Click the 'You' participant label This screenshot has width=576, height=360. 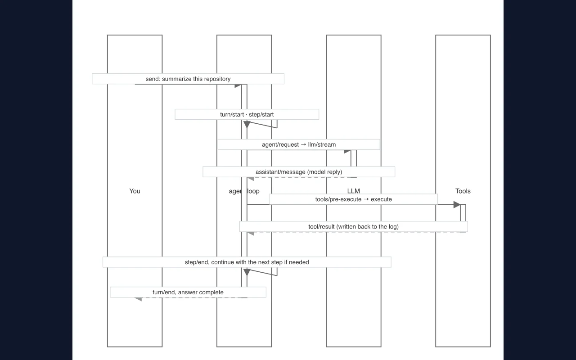pyautogui.click(x=135, y=191)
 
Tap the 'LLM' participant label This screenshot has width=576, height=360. pyautogui.click(x=354, y=191)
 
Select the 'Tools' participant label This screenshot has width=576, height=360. pyautogui.click(x=463, y=191)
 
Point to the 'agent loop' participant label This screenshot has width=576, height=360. pyautogui.click(x=244, y=191)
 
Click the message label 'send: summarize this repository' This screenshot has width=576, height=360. pyautogui.click(x=188, y=79)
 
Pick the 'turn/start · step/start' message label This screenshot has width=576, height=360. pyautogui.click(x=247, y=114)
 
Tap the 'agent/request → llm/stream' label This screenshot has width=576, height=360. pyautogui.click(x=299, y=144)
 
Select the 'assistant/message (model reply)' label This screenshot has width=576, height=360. pyautogui.click(x=299, y=172)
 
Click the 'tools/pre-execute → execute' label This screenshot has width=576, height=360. pyautogui.click(x=354, y=199)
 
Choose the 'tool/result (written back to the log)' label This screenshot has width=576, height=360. pyautogui.click(x=354, y=227)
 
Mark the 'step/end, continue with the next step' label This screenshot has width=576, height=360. pyautogui.click(x=234, y=262)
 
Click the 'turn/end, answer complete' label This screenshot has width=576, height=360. pyautogui.click(x=188, y=292)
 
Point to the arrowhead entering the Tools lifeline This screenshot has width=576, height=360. pyautogui.click(x=457, y=205)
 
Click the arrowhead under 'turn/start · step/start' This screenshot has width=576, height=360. pyautogui.click(x=247, y=125)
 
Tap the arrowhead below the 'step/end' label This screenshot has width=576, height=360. pyautogui.click(x=247, y=272)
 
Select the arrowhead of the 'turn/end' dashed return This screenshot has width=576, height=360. pyautogui.click(x=138, y=299)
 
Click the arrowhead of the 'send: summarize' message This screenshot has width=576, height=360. pyautogui.click(x=238, y=86)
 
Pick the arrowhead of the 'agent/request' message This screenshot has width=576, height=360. pyautogui.click(x=347, y=152)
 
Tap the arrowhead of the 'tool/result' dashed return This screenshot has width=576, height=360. pyautogui.click(x=251, y=234)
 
